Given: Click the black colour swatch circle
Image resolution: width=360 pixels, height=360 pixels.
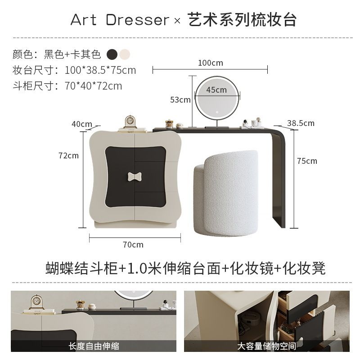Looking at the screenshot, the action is pyautogui.click(x=112, y=54).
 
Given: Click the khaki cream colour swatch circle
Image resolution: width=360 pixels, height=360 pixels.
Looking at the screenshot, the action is pyautogui.click(x=125, y=54).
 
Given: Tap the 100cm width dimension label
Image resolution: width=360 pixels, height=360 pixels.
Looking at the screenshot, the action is pyautogui.click(x=211, y=63).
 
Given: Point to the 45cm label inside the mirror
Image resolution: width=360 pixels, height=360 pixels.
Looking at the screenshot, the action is pyautogui.click(x=216, y=90).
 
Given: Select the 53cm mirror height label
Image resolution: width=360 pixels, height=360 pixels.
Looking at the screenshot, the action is pyautogui.click(x=180, y=99).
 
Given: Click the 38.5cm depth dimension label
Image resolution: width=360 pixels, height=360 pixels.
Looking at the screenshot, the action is pyautogui.click(x=301, y=123).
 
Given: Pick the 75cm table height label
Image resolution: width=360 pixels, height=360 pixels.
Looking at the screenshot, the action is pyautogui.click(x=307, y=161).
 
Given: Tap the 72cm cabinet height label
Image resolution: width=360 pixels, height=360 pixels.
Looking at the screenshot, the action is pyautogui.click(x=69, y=156).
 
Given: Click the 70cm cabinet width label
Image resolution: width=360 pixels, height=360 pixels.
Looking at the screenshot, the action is pyautogui.click(x=133, y=245).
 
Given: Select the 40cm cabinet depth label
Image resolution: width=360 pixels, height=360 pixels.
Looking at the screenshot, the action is pyautogui.click(x=82, y=124).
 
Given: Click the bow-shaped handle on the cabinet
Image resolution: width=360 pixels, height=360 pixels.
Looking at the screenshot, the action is pyautogui.click(x=135, y=176).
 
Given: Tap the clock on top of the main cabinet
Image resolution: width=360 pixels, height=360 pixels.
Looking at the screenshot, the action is pyautogui.click(x=130, y=121).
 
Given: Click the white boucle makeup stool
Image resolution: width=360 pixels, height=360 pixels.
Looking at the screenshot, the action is pyautogui.click(x=226, y=193).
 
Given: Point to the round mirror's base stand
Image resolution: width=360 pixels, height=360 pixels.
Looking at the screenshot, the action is pyautogui.click(x=217, y=127).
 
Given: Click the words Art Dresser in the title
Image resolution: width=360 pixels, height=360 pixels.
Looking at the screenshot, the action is pyautogui.click(x=120, y=20).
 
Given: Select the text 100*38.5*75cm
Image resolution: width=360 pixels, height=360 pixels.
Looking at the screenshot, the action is pyautogui.click(x=100, y=70).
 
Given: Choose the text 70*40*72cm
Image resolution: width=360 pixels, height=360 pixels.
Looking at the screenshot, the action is pyautogui.click(x=93, y=86).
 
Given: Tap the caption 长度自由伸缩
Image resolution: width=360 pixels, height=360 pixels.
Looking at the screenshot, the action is pyautogui.click(x=94, y=346).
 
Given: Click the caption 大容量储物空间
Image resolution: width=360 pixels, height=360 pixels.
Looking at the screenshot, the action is pyautogui.click(x=266, y=346).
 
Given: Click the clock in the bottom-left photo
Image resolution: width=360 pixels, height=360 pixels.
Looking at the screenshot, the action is pyautogui.click(x=36, y=301).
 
